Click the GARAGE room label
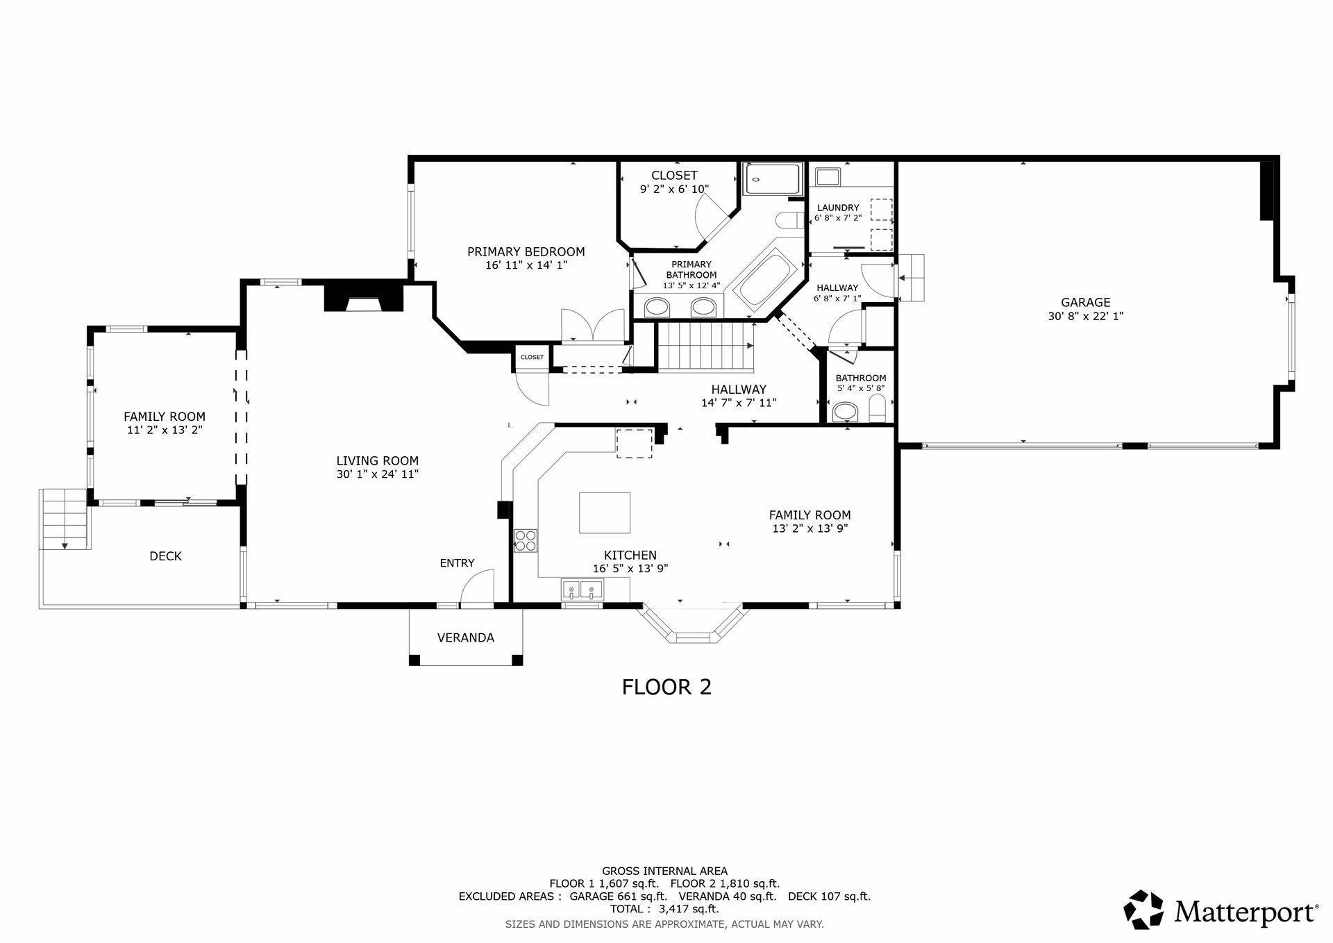click(1085, 302)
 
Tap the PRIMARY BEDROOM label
click(526, 251)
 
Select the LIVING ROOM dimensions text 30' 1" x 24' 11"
click(378, 474)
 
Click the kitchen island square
click(605, 512)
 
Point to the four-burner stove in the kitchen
click(526, 540)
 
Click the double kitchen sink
click(582, 590)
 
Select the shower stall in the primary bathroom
click(773, 179)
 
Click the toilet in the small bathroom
click(878, 408)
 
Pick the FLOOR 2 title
click(666, 687)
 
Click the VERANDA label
click(466, 637)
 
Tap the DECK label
click(165, 556)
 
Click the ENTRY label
click(457, 563)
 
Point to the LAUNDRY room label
click(838, 208)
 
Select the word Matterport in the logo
click(1246, 910)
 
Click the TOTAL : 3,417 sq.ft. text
click(664, 908)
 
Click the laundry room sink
click(828, 177)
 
